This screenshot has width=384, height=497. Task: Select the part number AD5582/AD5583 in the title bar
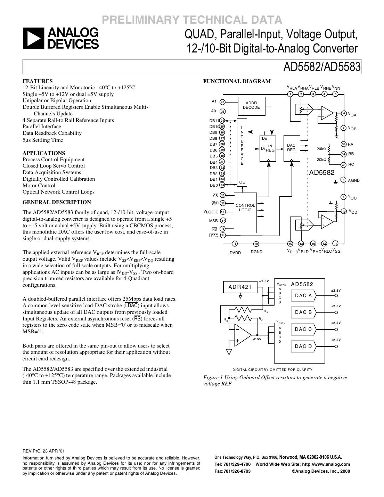(x=322, y=67)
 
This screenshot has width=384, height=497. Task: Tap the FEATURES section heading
(x=38, y=81)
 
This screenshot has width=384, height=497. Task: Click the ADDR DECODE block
(x=251, y=105)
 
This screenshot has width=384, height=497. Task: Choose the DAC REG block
(x=291, y=148)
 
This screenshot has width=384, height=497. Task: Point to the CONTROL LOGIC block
(x=245, y=208)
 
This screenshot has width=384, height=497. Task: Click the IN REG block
(x=268, y=148)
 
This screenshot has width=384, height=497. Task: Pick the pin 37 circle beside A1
(x=223, y=102)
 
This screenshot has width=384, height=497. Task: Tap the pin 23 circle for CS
(x=223, y=195)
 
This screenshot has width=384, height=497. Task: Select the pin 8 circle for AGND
(x=343, y=180)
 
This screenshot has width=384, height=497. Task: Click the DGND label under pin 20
(x=256, y=252)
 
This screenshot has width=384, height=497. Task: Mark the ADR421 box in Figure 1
(x=240, y=287)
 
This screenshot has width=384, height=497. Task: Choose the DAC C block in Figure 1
(x=303, y=329)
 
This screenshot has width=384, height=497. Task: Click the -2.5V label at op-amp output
(x=257, y=339)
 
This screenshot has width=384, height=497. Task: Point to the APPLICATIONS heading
(x=44, y=153)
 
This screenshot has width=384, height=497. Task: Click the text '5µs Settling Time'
(x=43, y=140)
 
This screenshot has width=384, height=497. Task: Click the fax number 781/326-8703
(x=232, y=471)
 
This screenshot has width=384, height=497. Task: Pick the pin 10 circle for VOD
(x=343, y=211)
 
